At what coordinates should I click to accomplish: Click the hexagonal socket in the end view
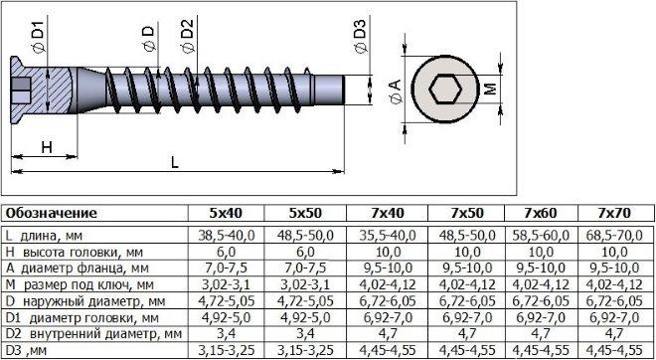[x=445, y=90]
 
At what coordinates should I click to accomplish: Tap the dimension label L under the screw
[x=175, y=162]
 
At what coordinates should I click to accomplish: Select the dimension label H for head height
[x=47, y=147]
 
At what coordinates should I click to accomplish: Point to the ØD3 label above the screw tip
[x=361, y=36]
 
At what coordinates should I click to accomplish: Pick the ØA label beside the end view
[x=395, y=91]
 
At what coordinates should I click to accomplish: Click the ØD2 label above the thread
[x=188, y=36]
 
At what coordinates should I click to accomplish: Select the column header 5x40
[x=226, y=214]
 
